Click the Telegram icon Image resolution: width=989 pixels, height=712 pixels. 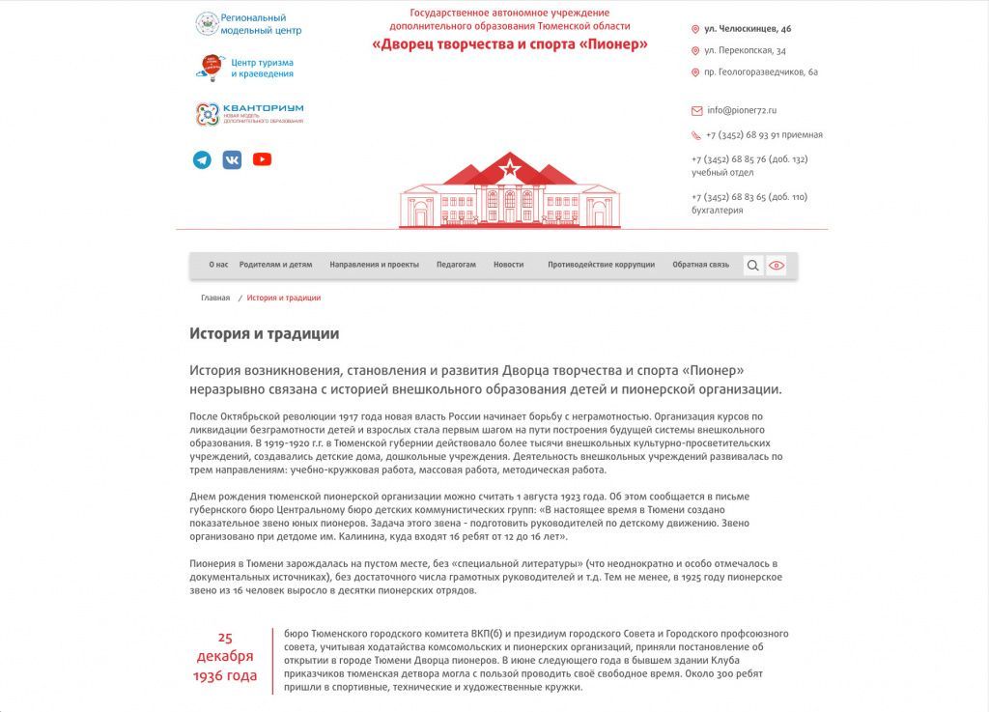(x=202, y=159)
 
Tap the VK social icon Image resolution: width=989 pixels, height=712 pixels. (x=232, y=159)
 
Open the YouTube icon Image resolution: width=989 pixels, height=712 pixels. (x=262, y=159)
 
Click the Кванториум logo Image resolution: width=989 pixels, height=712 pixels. (x=249, y=114)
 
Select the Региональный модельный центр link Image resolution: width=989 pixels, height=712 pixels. (x=248, y=24)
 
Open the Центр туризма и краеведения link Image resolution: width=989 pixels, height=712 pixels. (x=248, y=68)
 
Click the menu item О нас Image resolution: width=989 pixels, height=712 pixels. (x=218, y=265)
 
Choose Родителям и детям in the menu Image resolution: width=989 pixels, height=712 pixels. (x=276, y=265)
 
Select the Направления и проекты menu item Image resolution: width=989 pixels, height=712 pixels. (x=375, y=265)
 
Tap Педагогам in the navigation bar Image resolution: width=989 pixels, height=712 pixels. (x=456, y=265)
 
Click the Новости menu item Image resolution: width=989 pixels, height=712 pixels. (x=509, y=265)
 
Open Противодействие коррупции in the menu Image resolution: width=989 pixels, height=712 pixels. (x=601, y=265)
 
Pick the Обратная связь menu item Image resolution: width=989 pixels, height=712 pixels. (x=701, y=265)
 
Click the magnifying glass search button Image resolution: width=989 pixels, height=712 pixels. (x=753, y=265)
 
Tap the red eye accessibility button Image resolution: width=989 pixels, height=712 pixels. (x=777, y=265)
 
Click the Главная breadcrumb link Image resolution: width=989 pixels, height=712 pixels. (x=215, y=299)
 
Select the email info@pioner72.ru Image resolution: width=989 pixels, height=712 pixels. (x=741, y=110)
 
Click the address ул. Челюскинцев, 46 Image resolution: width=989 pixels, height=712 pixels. (x=748, y=29)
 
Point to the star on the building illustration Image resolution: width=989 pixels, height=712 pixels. (x=509, y=171)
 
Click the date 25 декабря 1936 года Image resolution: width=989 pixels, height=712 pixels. (x=225, y=657)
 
